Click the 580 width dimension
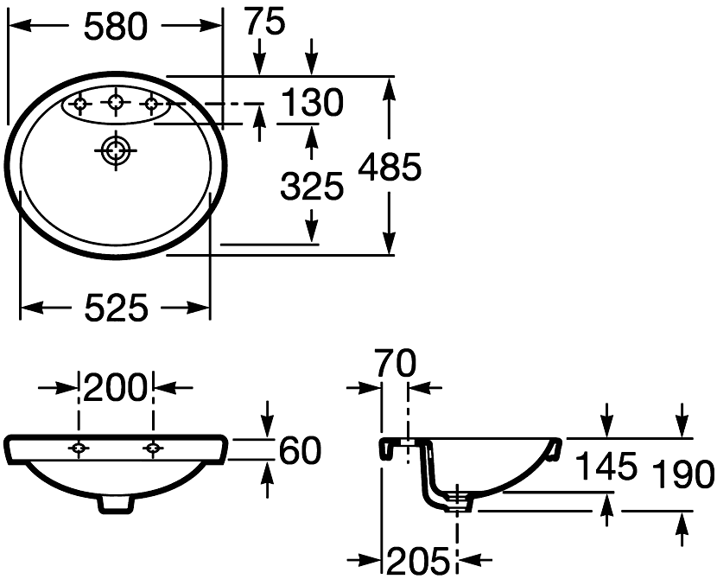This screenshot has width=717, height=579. (116, 27)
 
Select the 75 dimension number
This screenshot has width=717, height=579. (265, 21)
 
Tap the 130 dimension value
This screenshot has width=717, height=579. (312, 102)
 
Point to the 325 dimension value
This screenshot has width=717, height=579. (312, 186)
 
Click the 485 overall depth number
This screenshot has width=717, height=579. (390, 167)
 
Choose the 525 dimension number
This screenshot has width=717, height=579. (117, 308)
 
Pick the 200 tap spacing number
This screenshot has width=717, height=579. (116, 388)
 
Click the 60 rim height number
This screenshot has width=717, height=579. (300, 450)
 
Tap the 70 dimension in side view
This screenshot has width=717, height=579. (396, 363)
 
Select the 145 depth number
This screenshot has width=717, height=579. (606, 466)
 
